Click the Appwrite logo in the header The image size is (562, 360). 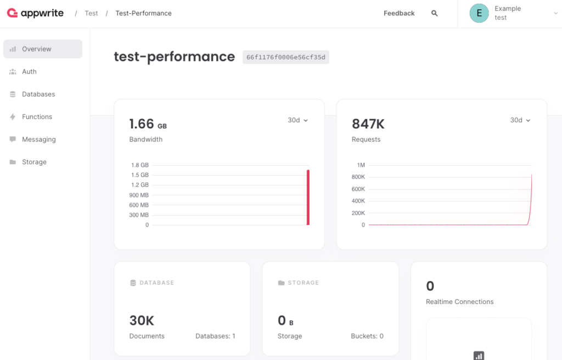(35, 13)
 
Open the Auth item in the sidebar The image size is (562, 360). (30, 72)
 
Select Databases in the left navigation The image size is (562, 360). (38, 94)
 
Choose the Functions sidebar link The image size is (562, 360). (37, 117)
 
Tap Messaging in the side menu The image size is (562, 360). (39, 139)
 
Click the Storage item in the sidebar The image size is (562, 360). (34, 162)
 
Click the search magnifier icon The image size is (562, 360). (435, 13)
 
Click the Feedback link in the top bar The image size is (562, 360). (399, 13)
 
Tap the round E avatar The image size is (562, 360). (479, 13)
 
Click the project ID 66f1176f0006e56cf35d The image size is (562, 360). (285, 58)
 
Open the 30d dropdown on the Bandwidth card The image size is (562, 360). (298, 120)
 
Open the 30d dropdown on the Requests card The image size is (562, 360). (520, 120)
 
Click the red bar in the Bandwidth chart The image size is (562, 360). (308, 198)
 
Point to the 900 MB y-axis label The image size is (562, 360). (139, 195)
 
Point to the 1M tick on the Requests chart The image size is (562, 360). (361, 165)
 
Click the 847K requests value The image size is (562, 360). (368, 124)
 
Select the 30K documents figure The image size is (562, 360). (142, 320)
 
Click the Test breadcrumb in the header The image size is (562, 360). (91, 13)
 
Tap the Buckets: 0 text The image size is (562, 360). (367, 336)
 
